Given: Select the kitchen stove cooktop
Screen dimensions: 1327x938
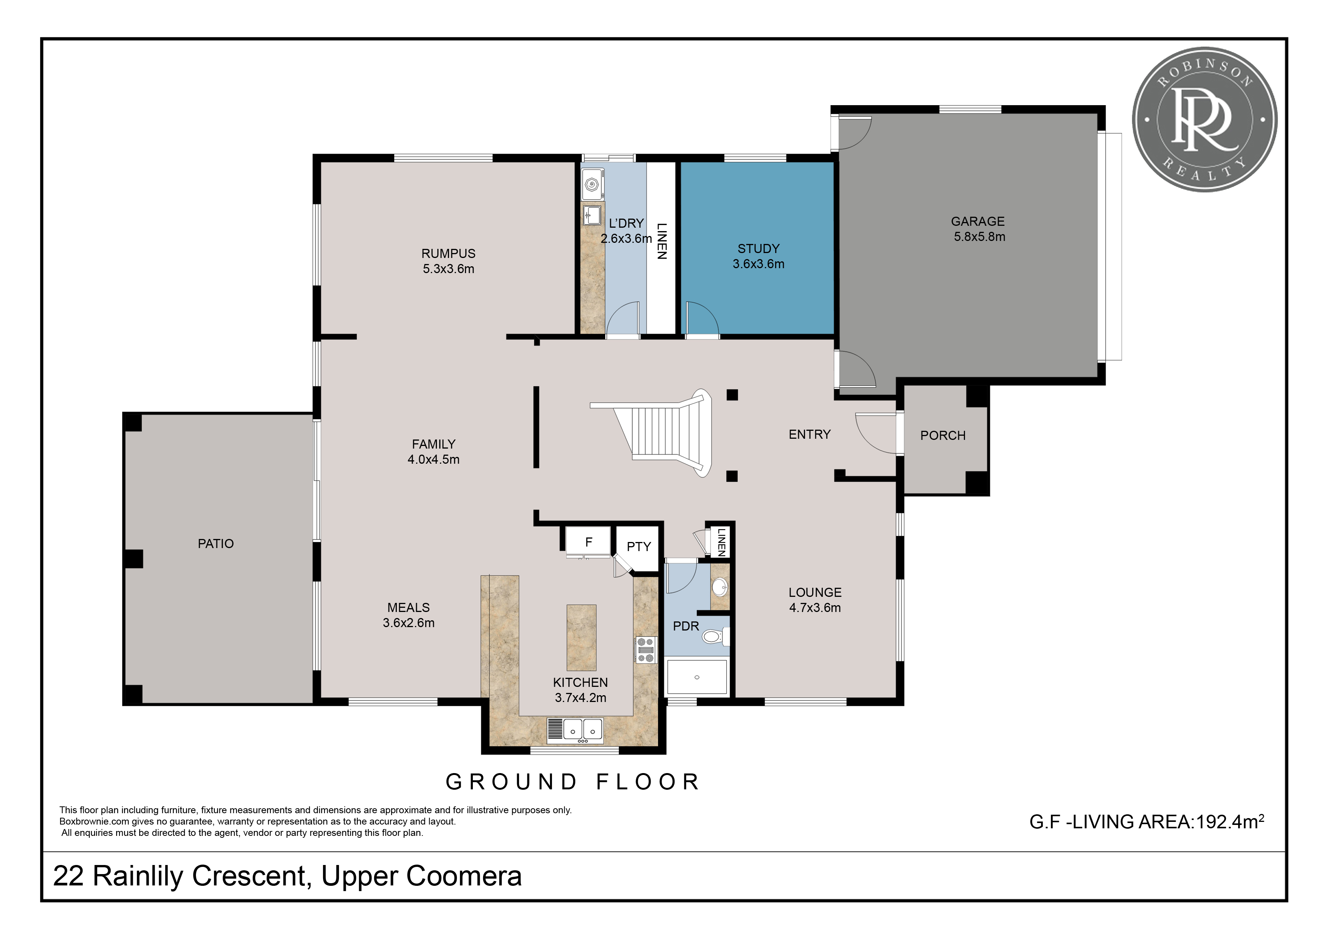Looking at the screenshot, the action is [x=646, y=650].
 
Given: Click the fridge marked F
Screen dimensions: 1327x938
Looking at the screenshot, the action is [x=588, y=542].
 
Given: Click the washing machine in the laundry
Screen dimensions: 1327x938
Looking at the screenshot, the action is [x=592, y=184].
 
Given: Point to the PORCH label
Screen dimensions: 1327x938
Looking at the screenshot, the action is [x=943, y=435].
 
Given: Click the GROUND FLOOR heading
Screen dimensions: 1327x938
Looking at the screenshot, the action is [x=572, y=782].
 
